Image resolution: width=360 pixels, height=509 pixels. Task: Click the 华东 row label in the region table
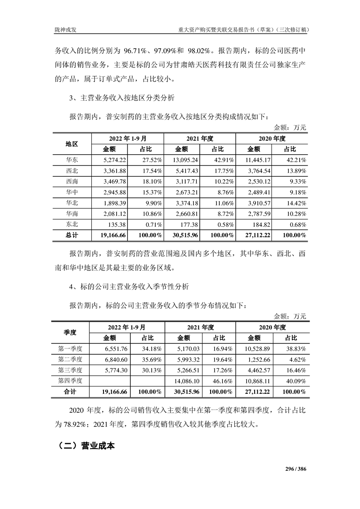pyautogui.click(x=72, y=160)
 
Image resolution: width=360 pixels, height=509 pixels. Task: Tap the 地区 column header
pyautogui.click(x=72, y=143)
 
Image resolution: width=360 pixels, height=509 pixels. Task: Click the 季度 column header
pyautogui.click(x=70, y=332)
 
